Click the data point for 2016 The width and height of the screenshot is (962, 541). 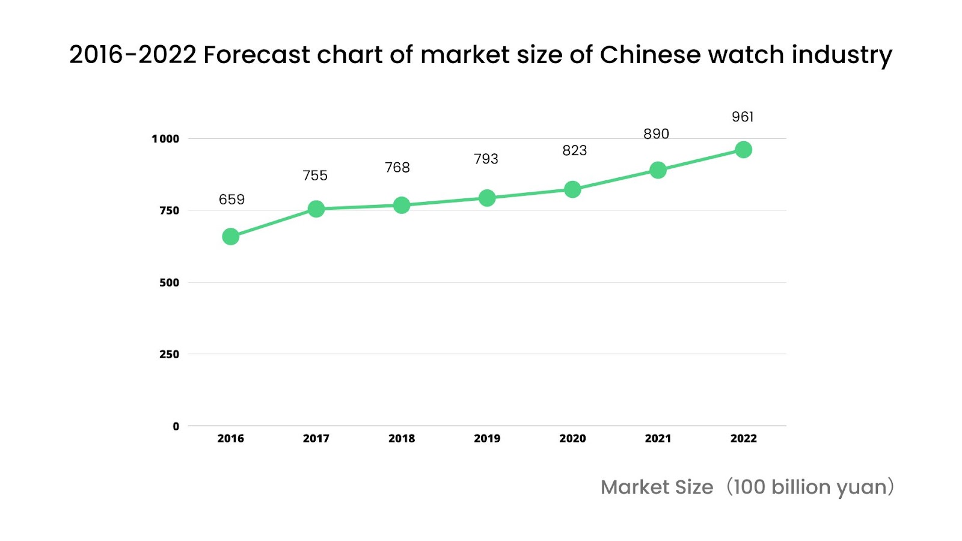231,237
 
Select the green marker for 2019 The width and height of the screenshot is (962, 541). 487,198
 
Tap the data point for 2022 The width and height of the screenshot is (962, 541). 743,150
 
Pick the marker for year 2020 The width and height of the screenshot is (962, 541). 572,189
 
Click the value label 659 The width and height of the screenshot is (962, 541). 231,200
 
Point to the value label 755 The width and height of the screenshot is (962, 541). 315,176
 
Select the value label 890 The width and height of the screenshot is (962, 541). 656,134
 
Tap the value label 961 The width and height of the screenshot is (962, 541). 743,117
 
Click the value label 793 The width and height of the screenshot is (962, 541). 486,159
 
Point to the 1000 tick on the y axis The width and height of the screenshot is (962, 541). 165,139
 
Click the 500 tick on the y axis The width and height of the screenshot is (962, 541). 169,283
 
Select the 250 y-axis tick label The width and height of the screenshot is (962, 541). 169,355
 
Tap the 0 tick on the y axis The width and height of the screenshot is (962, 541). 176,426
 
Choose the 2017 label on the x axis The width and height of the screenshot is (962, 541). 316,439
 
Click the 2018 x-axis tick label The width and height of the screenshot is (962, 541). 402,439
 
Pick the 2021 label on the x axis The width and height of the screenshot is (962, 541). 658,439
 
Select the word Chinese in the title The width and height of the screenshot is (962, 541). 650,55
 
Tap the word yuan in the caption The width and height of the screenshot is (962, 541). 861,488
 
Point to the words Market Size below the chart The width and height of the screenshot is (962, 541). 657,488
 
